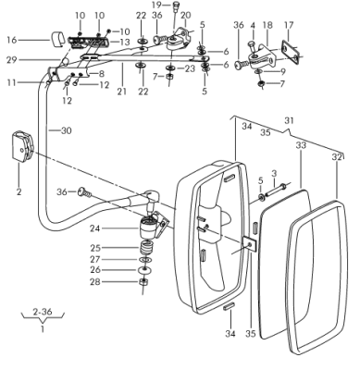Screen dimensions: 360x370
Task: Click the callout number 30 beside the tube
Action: [x=67, y=130]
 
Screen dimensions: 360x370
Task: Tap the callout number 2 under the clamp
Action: [x=19, y=192]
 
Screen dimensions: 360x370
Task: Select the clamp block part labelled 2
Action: [x=22, y=146]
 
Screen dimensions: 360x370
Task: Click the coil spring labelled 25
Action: [x=146, y=247]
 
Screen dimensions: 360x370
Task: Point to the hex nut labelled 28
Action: [x=143, y=281]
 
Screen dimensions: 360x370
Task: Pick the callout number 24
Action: [x=95, y=228]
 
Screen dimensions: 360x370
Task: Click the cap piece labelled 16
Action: [x=57, y=39]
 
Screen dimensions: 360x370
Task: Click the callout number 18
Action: [x=267, y=25]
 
